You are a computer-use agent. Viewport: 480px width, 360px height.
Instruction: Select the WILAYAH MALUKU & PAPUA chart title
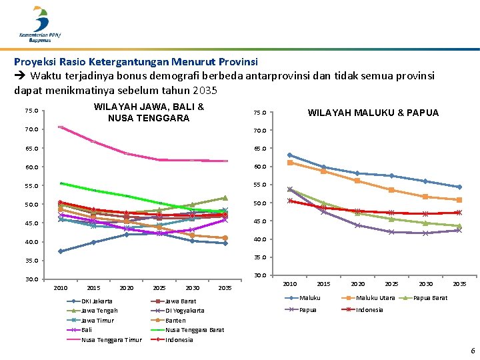tap(373, 113)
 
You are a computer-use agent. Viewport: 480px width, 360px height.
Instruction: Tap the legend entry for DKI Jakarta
tap(97, 301)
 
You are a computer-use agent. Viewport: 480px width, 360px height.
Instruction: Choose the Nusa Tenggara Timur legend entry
tap(111, 339)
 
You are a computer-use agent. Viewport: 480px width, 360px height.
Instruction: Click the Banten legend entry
tap(175, 320)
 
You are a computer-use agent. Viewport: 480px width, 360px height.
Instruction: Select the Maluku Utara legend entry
tap(375, 297)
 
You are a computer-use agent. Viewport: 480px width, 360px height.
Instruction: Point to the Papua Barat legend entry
tap(431, 297)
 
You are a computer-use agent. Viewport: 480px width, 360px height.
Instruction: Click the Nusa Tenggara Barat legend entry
tap(194, 330)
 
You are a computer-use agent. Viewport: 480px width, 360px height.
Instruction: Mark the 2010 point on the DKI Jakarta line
tap(61, 251)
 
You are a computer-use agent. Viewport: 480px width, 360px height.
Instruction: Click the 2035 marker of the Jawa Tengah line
tap(225, 198)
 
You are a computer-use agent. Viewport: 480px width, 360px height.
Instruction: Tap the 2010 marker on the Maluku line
tap(289, 155)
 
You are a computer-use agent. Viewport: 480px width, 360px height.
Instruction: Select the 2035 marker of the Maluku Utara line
tap(459, 200)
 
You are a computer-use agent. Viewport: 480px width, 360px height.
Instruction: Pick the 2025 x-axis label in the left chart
tap(159, 288)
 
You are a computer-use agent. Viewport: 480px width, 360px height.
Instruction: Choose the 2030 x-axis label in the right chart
tap(425, 284)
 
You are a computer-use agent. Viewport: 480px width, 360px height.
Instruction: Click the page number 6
tap(473, 351)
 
